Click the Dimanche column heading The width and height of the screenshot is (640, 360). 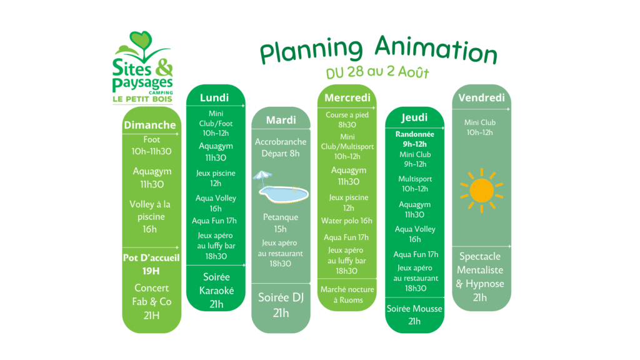(x=150, y=125)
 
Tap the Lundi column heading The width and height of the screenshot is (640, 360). (x=214, y=98)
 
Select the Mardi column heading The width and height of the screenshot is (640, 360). (x=281, y=120)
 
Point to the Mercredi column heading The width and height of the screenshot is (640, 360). (x=347, y=98)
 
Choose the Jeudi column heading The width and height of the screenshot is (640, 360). (x=414, y=117)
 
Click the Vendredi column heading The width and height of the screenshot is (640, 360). (x=482, y=98)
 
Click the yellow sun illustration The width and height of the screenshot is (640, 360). (x=482, y=191)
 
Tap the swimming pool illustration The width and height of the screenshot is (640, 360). (x=284, y=194)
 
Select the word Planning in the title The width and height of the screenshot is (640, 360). (x=311, y=50)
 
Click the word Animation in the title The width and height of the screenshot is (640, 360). (x=436, y=50)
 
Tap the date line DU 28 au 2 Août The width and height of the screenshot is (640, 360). (x=377, y=72)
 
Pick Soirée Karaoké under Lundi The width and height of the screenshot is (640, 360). (x=216, y=284)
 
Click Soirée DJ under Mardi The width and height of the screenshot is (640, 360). (x=281, y=297)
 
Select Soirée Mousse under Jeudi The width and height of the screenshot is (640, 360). (x=414, y=309)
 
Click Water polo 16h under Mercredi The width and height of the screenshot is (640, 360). (x=346, y=221)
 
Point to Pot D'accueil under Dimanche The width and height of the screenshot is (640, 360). (x=151, y=258)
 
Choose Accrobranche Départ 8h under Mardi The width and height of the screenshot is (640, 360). (x=281, y=147)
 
